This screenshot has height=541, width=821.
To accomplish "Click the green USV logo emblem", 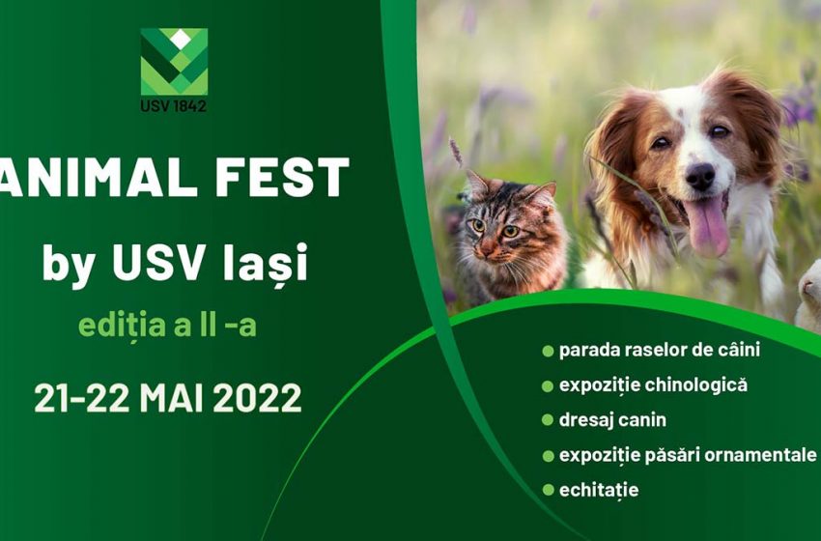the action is click(x=174, y=62).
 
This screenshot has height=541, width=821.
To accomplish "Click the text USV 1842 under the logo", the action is click(x=173, y=106).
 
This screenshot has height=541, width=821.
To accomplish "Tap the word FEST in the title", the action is click(x=282, y=177).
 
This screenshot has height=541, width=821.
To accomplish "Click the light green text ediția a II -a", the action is click(x=167, y=326).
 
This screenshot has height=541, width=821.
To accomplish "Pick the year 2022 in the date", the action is click(x=257, y=397).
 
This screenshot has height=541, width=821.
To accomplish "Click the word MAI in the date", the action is click(x=171, y=397).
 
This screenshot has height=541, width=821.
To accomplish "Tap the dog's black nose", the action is click(x=700, y=177).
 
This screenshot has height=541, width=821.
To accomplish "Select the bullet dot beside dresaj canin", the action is click(x=548, y=420).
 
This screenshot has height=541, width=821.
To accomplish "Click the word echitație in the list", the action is click(x=599, y=491).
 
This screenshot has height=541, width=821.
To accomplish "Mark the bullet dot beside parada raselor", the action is click(x=548, y=351).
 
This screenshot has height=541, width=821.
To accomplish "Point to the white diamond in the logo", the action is click(x=180, y=39).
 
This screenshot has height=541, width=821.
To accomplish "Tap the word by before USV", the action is click(x=68, y=266).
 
